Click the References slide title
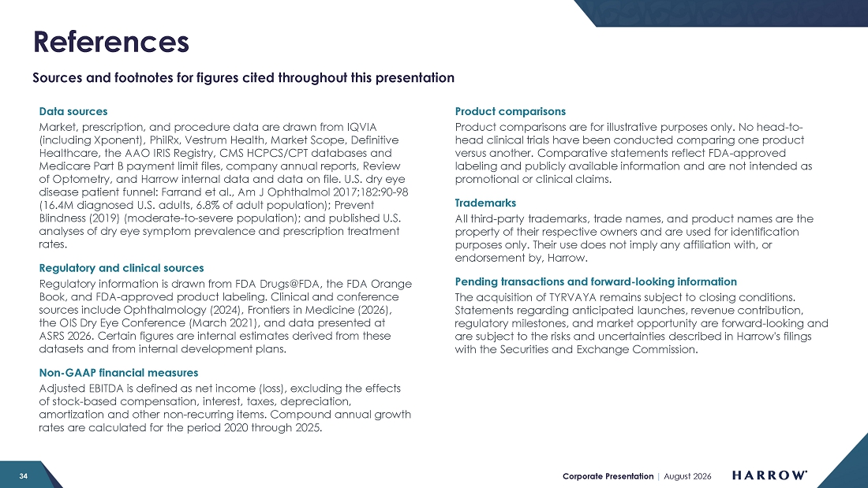click(110, 42)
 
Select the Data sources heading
click(73, 111)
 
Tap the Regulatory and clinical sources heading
click(122, 268)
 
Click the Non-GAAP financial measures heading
click(118, 372)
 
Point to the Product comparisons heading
click(510, 111)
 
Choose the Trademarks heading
click(485, 203)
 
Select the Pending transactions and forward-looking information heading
click(596, 281)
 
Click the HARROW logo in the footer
click(769, 475)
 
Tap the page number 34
click(23, 476)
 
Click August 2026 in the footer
click(687, 476)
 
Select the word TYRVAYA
click(563, 297)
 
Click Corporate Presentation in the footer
click(608, 476)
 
